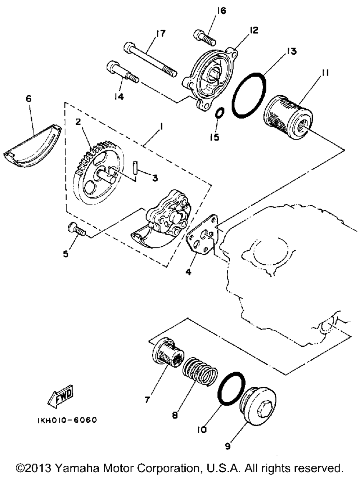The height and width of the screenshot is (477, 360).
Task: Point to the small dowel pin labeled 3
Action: click(x=135, y=169)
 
